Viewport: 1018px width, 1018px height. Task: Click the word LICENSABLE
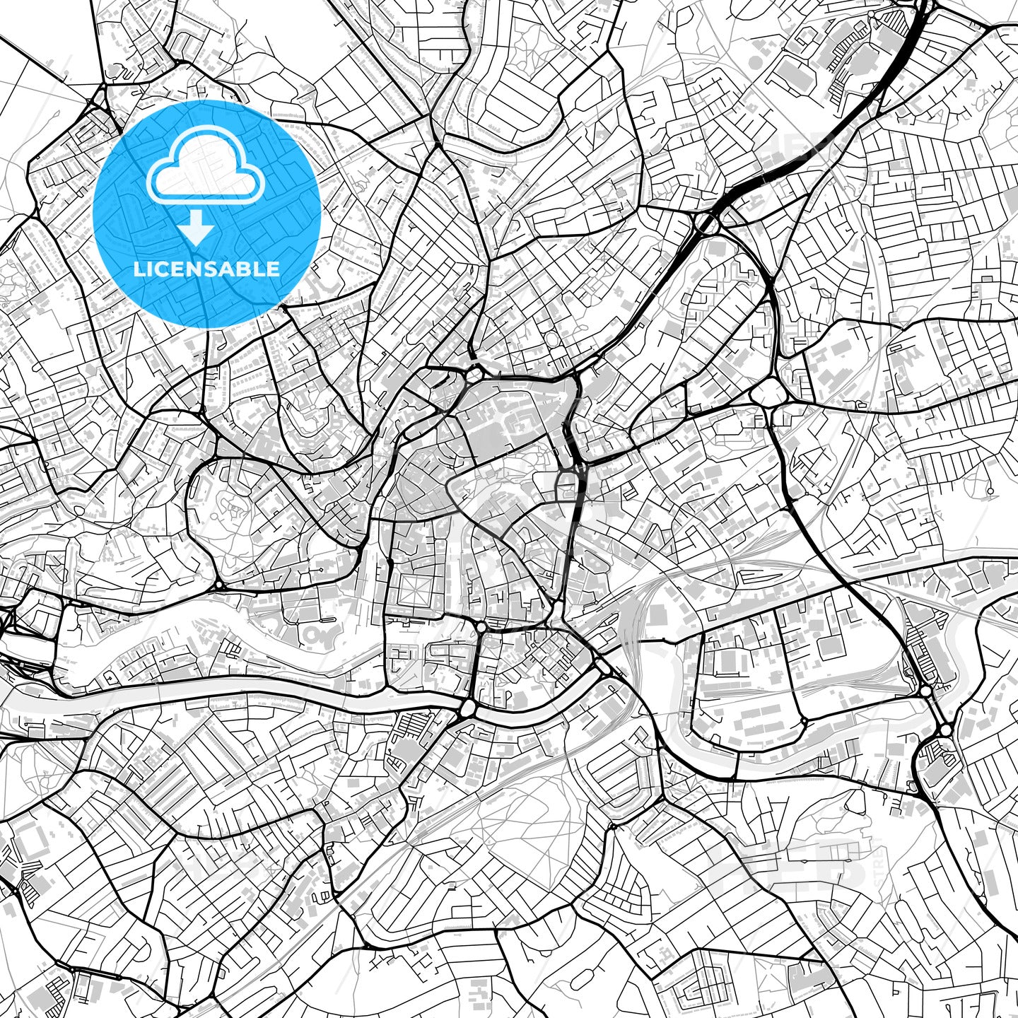(x=206, y=269)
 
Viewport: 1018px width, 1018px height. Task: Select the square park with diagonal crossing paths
(x=411, y=588)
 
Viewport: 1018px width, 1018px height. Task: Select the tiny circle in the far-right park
(x=990, y=491)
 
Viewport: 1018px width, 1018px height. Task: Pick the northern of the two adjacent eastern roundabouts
(x=925, y=691)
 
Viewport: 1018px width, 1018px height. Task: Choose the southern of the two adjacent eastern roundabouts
(x=945, y=728)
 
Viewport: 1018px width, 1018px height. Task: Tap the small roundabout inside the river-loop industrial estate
(x=804, y=721)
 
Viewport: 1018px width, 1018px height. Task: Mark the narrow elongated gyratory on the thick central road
(x=568, y=486)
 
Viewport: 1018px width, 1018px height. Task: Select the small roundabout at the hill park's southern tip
(x=220, y=585)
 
